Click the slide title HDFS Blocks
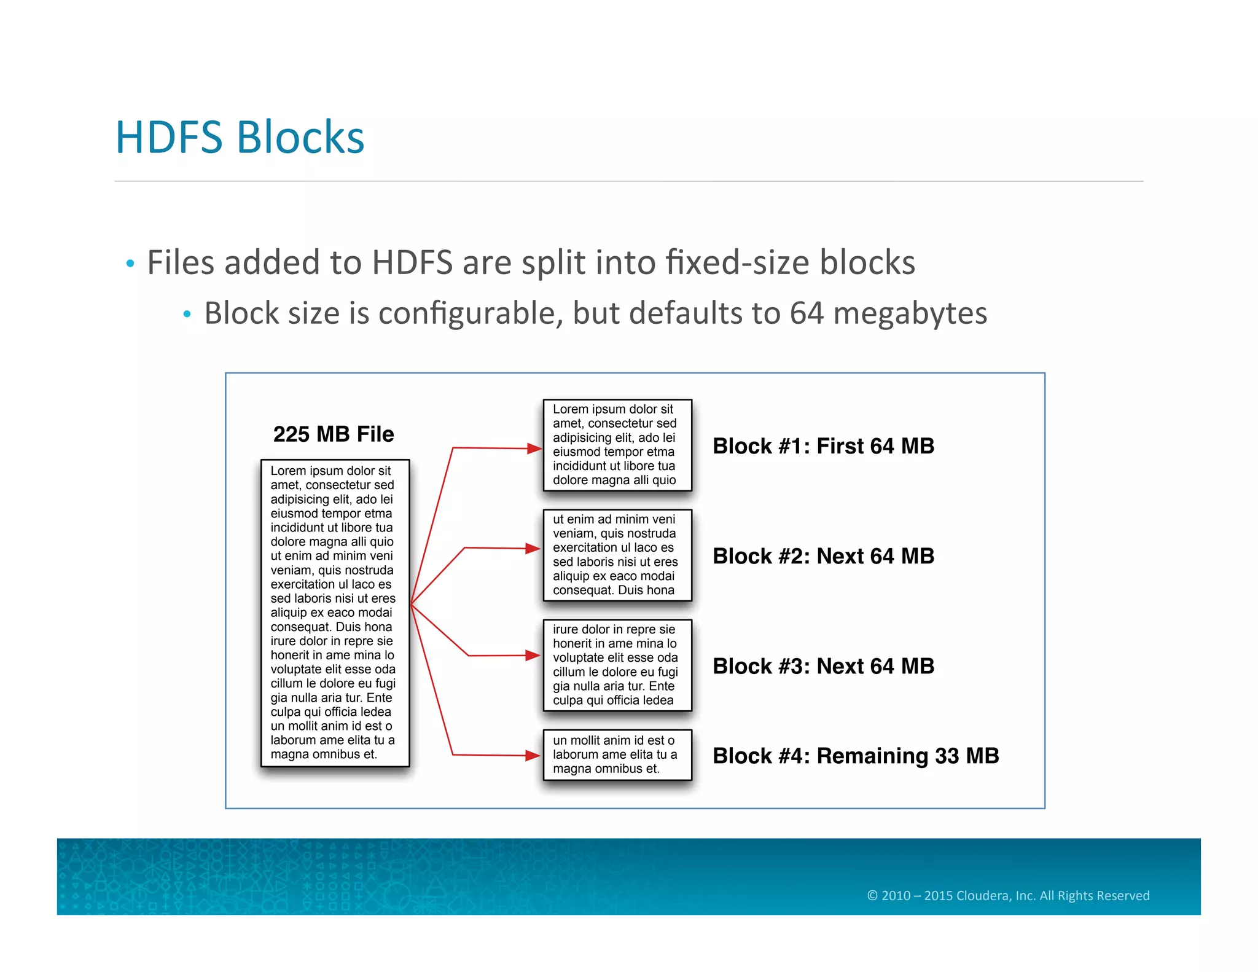[240, 137]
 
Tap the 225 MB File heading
[334, 434]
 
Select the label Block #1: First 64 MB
[823, 446]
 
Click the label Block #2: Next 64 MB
[823, 556]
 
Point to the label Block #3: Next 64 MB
[823, 666]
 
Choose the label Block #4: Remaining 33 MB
[856, 756]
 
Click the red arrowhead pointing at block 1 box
[534, 449]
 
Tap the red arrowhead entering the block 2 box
[533, 548]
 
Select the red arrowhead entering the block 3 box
[533, 656]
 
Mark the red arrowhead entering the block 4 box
[533, 755]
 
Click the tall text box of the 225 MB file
[335, 613]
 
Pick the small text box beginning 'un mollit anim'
[617, 754]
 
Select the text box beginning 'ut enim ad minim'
[617, 555]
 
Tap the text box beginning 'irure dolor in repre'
[617, 665]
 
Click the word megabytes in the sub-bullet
[910, 313]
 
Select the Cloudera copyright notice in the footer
[1008, 895]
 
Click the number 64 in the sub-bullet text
[807, 313]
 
